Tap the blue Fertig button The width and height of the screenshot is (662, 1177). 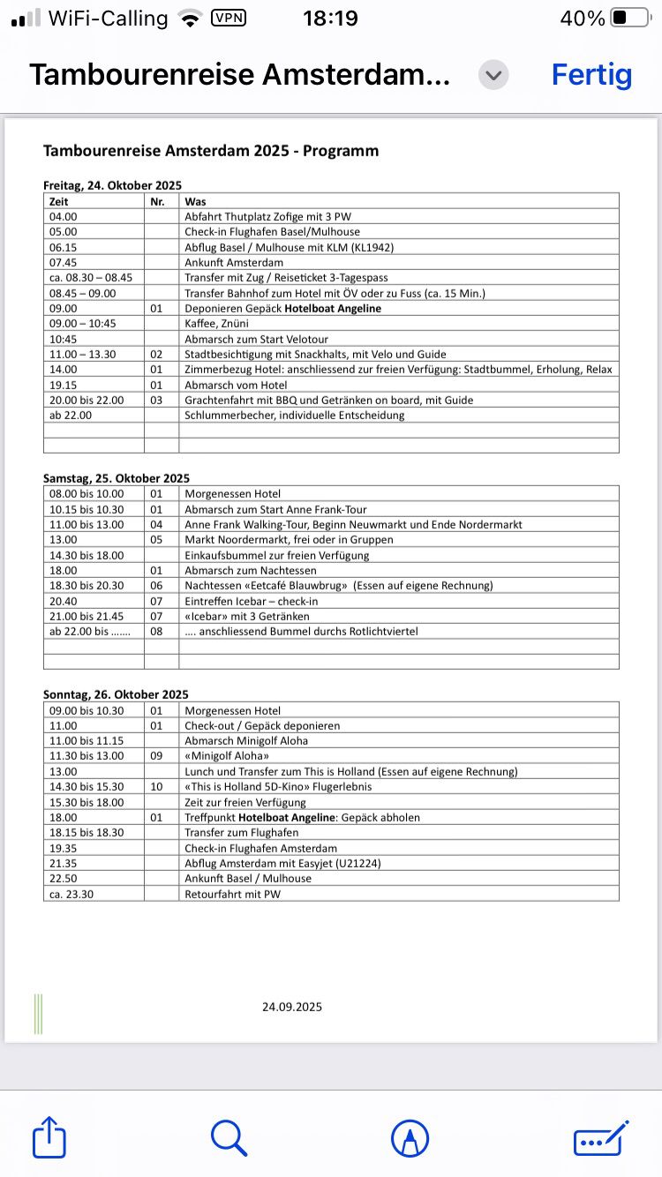pyautogui.click(x=591, y=75)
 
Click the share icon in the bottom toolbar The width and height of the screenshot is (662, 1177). pyautogui.click(x=49, y=1137)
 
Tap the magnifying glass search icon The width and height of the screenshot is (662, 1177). pyautogui.click(x=229, y=1137)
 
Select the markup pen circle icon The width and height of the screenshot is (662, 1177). pyautogui.click(x=410, y=1137)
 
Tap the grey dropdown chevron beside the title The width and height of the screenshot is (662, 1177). pyautogui.click(x=493, y=75)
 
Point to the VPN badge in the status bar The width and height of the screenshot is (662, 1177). pyautogui.click(x=229, y=18)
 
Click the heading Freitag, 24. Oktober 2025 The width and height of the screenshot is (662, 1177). pyautogui.click(x=112, y=185)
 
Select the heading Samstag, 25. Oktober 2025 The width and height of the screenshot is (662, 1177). pyautogui.click(x=117, y=478)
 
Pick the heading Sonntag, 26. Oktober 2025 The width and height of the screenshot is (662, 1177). pyautogui.click(x=116, y=694)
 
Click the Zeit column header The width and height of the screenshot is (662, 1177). pyautogui.click(x=59, y=201)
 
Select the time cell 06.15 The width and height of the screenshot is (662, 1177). pyautogui.click(x=64, y=247)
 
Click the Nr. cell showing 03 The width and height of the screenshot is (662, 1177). pyautogui.click(x=157, y=400)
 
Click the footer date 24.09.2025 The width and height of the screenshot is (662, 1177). pyautogui.click(x=292, y=1007)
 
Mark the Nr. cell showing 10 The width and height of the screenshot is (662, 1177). pyautogui.click(x=157, y=786)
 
